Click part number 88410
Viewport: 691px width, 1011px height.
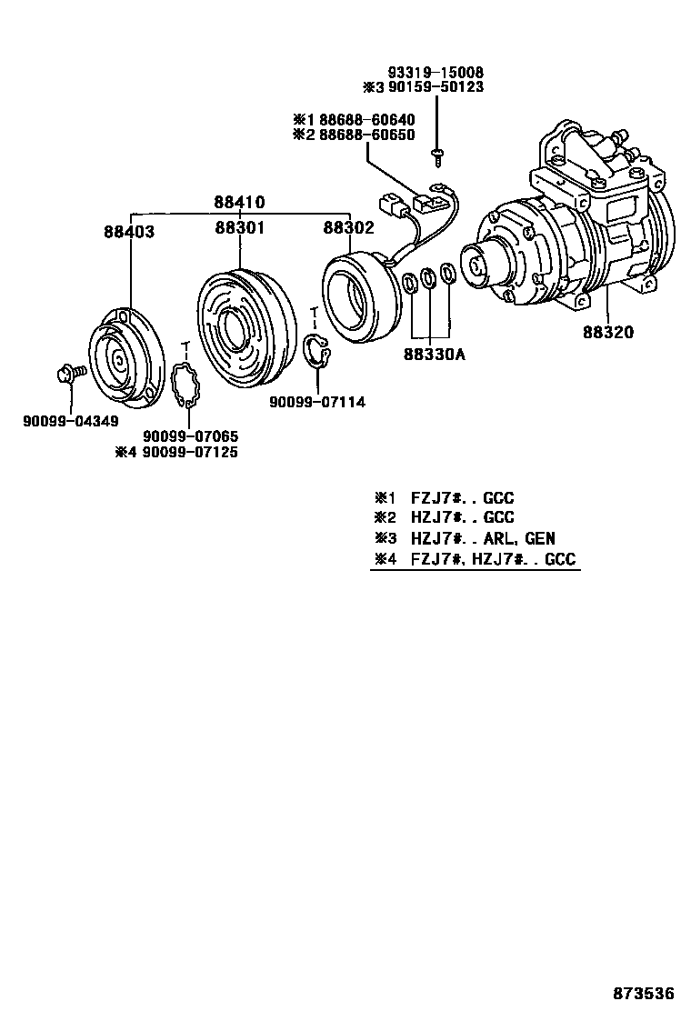[x=240, y=202]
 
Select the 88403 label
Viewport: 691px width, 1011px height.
[x=128, y=232]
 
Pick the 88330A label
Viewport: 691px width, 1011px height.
[x=435, y=355]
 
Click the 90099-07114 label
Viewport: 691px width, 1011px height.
[x=317, y=402]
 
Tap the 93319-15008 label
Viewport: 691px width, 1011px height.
[x=436, y=73]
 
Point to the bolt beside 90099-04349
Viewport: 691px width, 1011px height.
[x=71, y=371]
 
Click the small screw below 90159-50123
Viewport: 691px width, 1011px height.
[x=437, y=155]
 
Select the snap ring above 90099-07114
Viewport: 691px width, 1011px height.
[x=316, y=353]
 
